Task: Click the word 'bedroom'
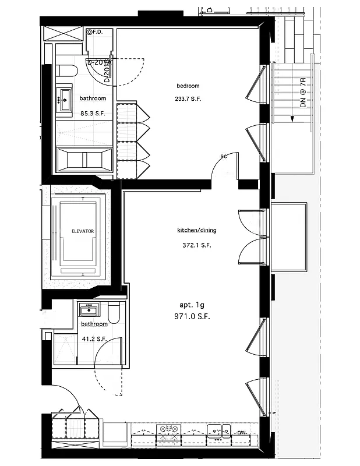point(188,86)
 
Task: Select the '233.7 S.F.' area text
point(188,99)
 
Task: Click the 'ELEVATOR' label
point(83,231)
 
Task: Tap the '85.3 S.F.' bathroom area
point(93,114)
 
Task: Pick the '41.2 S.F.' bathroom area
point(93,338)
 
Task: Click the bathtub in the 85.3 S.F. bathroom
point(85,159)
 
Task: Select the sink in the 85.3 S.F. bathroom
point(63,99)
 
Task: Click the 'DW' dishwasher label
point(241,432)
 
